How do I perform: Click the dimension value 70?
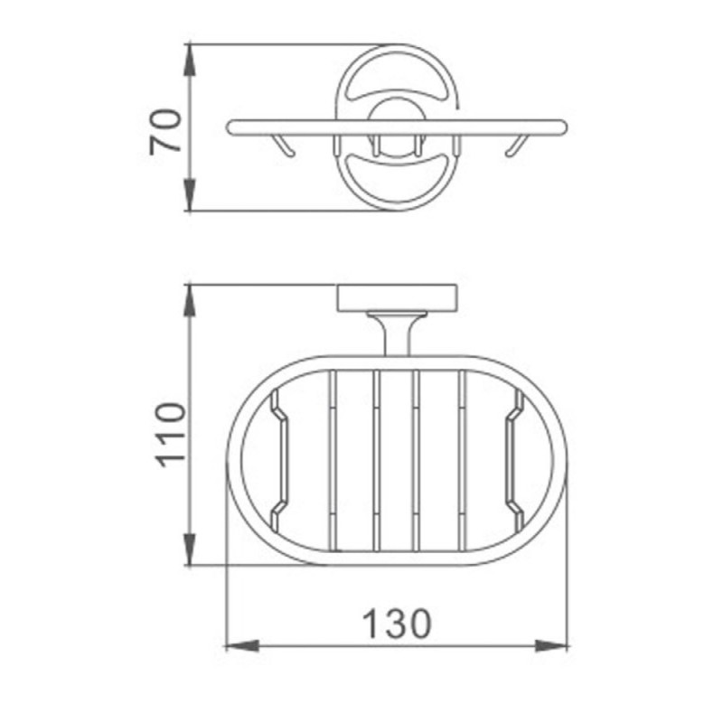(x=165, y=131)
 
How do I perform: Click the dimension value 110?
(x=172, y=436)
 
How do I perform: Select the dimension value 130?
(x=397, y=624)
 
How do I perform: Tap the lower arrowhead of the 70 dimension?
(x=190, y=194)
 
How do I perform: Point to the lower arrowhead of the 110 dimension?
(x=190, y=549)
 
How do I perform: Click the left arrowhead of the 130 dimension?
(x=242, y=646)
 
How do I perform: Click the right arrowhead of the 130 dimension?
(x=551, y=646)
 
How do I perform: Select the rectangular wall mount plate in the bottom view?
(x=398, y=298)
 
